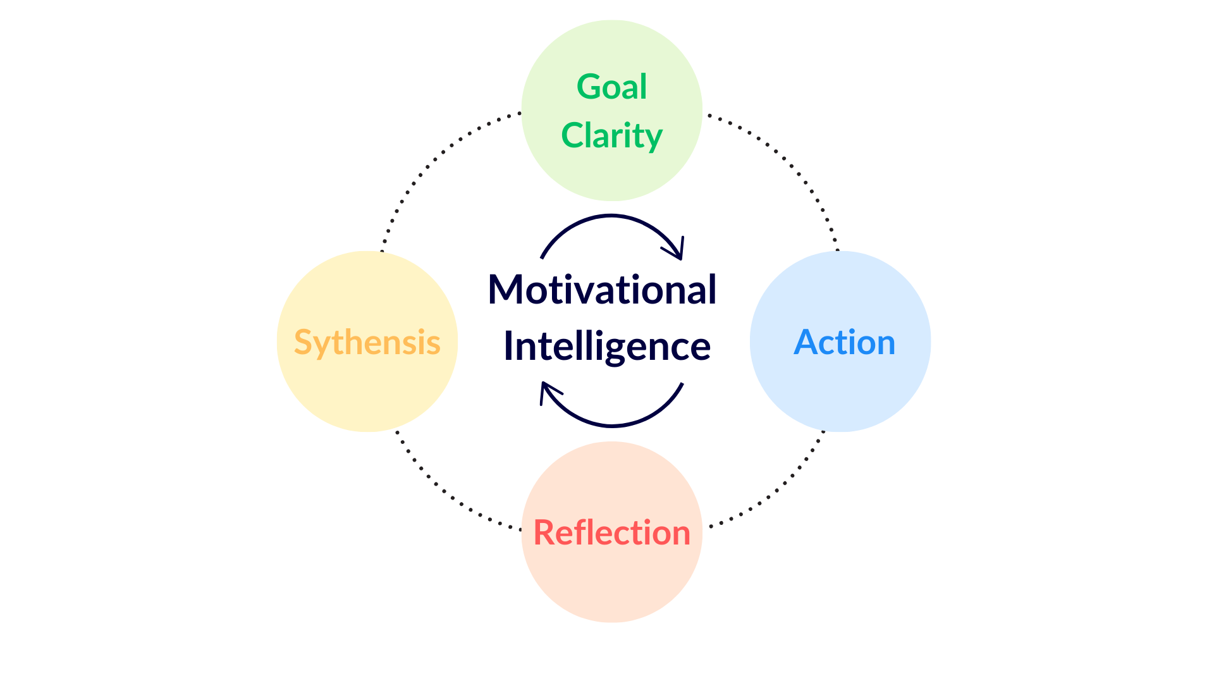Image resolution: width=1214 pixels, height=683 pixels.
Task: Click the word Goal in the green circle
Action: pyautogui.click(x=611, y=87)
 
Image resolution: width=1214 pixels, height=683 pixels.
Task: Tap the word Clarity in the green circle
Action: pyautogui.click(x=611, y=136)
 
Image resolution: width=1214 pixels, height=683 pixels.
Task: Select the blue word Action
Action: pyautogui.click(x=844, y=343)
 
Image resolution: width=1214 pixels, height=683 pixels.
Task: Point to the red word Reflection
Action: pyautogui.click(x=611, y=532)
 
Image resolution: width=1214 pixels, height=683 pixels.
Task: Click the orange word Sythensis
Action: pyautogui.click(x=367, y=343)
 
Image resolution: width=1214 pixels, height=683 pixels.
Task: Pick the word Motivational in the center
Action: pyautogui.click(x=602, y=290)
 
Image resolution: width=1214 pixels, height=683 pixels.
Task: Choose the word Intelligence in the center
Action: pyautogui.click(x=607, y=346)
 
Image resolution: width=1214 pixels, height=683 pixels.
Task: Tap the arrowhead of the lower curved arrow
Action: pyautogui.click(x=546, y=390)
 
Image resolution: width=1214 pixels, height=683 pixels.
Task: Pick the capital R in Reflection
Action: pyautogui.click(x=544, y=532)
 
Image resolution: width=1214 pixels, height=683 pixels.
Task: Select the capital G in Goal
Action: pyautogui.click(x=589, y=87)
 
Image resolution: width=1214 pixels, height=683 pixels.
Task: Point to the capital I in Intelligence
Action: pyautogui.click(x=508, y=346)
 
